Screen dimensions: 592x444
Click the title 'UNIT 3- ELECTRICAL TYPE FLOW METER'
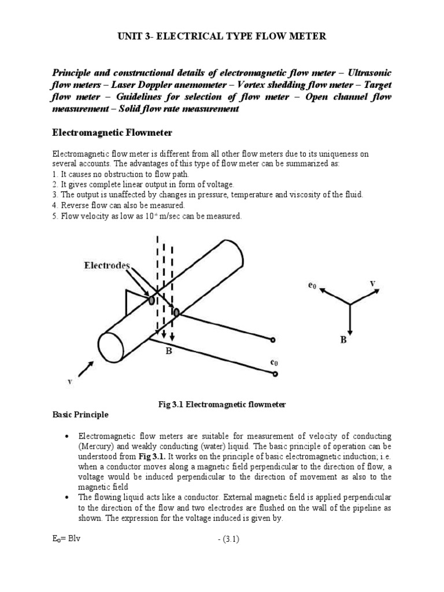tap(222, 37)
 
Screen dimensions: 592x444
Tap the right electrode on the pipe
tap(176, 313)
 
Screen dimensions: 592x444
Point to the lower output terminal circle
tap(275, 374)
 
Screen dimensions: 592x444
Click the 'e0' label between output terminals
tap(274, 362)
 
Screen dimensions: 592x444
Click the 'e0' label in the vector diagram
tap(312, 285)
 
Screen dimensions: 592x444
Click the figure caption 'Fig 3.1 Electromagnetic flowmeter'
tap(222, 405)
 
